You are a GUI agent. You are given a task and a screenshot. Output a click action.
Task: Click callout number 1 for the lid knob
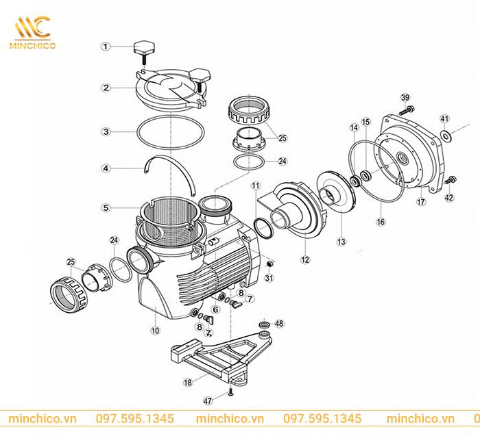pos(106,47)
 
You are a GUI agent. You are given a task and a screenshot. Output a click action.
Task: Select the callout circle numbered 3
pos(106,131)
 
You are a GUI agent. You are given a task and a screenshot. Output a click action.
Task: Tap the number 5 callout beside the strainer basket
pos(106,208)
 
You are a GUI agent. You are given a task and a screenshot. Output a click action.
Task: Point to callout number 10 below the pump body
pos(155,331)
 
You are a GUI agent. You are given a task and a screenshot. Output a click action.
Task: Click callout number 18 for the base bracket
pos(188,382)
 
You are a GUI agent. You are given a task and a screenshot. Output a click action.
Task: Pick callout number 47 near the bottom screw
pos(208,400)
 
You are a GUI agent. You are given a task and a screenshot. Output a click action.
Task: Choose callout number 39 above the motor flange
pos(405,98)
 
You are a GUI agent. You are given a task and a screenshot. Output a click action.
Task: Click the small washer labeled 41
pos(444,134)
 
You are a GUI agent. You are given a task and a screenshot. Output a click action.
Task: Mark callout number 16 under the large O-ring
pos(381,222)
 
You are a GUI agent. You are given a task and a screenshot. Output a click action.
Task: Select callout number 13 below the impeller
pos(341,242)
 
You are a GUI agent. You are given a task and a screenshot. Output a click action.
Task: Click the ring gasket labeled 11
pos(263,227)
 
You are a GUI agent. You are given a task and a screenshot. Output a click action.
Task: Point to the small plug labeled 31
pos(269,264)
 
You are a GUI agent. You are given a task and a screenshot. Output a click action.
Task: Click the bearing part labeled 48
pos(263,325)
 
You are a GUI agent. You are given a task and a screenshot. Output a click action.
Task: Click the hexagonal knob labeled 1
pos(144,48)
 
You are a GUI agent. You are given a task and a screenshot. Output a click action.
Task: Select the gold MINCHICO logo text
pos(32,46)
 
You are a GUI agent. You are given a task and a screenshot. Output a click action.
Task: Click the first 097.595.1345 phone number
pos(134,419)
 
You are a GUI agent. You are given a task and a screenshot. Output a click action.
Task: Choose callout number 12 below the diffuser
pos(305,259)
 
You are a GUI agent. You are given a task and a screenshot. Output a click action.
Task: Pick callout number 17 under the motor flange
pos(421,202)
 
